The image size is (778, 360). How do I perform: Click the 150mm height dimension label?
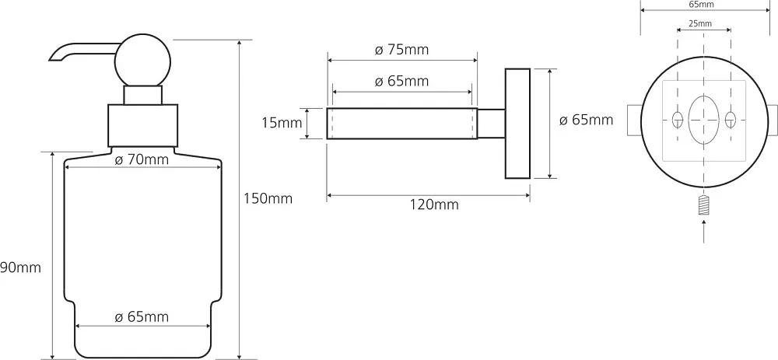(268, 199)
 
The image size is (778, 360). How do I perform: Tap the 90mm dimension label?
(20, 267)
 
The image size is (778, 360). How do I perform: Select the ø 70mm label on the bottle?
(141, 159)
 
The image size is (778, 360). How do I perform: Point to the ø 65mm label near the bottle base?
(142, 317)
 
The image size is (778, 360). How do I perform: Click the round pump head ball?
(142, 61)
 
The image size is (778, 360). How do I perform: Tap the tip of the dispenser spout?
(51, 60)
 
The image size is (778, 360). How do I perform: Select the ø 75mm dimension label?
(401, 50)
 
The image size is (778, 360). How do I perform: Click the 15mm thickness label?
(282, 123)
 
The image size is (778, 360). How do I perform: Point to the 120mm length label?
(434, 204)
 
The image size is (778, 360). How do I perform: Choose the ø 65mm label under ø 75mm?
(401, 81)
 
